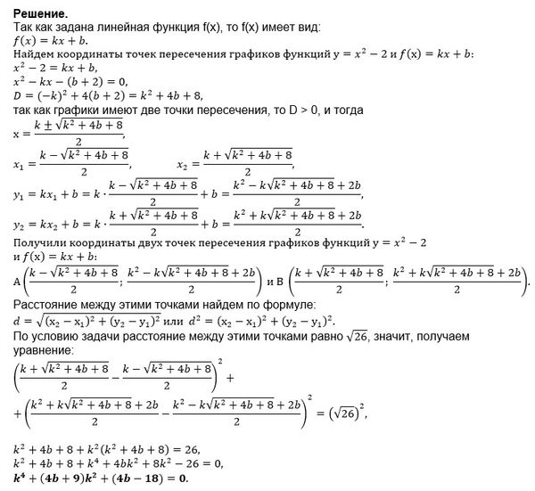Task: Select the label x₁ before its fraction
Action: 19,165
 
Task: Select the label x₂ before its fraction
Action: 184,165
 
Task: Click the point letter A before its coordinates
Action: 17,282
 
